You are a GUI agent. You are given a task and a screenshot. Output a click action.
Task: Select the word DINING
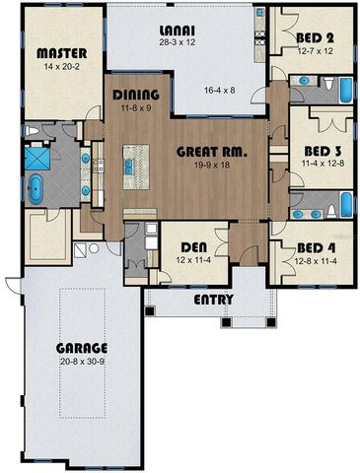(136, 96)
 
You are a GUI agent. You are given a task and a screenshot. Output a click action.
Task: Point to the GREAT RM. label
(210, 152)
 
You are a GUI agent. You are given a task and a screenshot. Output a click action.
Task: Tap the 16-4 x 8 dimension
(219, 89)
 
